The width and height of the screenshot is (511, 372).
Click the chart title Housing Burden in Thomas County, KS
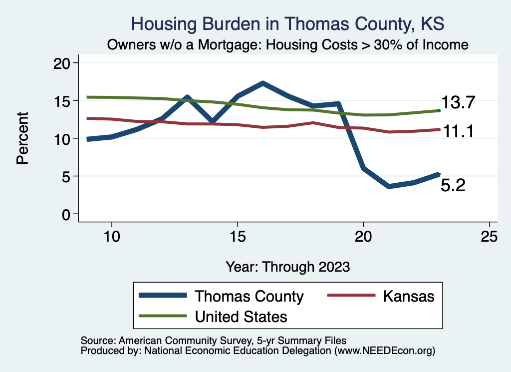pos(287,23)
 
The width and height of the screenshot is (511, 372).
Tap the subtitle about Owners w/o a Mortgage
pos(288,45)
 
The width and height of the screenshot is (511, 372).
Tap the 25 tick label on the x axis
pos(489,236)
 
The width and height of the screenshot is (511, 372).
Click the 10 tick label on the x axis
pos(111,236)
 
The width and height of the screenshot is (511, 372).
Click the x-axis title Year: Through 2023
pos(287,266)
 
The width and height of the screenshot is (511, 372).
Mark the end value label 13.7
pos(459,103)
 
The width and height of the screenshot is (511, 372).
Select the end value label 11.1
pos(459,131)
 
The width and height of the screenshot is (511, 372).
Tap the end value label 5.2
pos(453,186)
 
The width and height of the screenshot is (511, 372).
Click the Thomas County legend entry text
pos(249,296)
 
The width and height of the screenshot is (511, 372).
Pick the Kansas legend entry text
pos(409,296)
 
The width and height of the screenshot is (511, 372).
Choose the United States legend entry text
pos(241,317)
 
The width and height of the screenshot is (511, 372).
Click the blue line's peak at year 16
pos(262,83)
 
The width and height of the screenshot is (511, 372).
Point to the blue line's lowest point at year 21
pos(389,186)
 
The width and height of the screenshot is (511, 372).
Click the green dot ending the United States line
pos(439,110)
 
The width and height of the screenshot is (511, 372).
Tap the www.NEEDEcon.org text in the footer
pos(383,351)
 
